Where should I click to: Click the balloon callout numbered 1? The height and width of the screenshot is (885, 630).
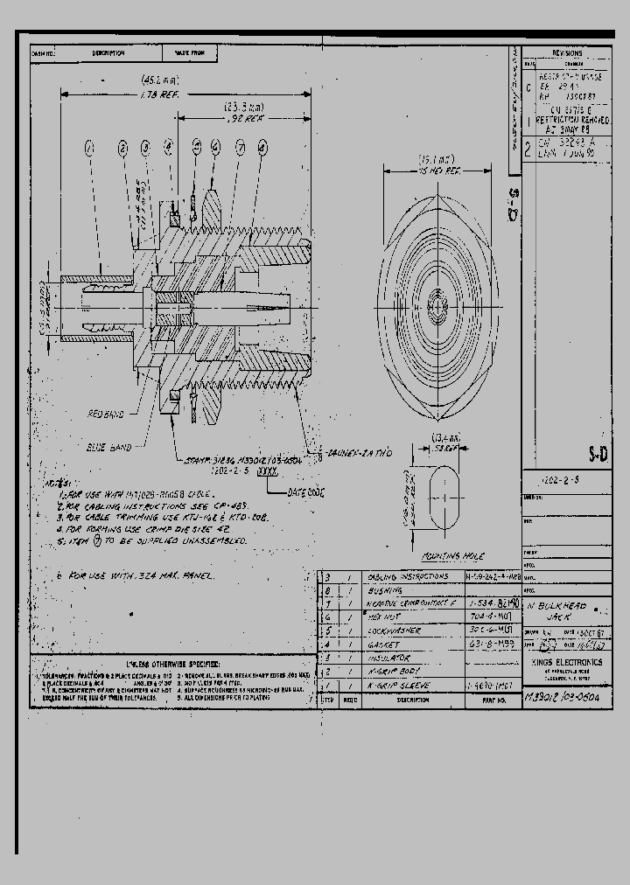[x=88, y=150]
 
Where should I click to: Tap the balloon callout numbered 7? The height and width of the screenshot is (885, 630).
[x=239, y=149]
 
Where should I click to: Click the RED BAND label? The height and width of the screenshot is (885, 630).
[x=106, y=411]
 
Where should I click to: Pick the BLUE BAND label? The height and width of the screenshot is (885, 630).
[x=109, y=447]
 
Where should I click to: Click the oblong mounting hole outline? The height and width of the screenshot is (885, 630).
[x=447, y=504]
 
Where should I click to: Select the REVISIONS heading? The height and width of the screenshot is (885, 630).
[x=566, y=53]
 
